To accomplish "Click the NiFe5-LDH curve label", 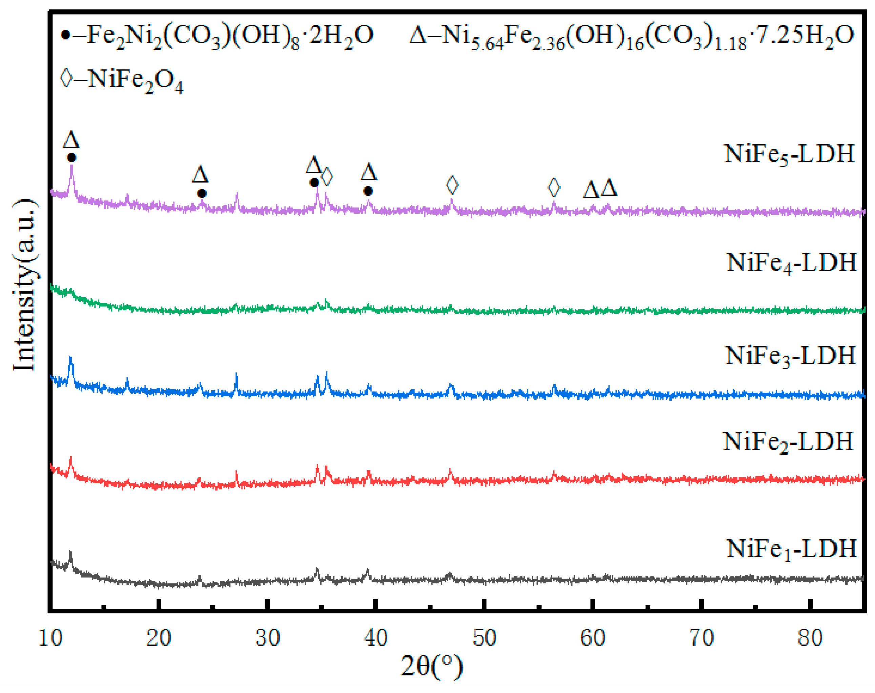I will (x=789, y=155).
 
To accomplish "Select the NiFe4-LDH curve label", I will (x=791, y=263).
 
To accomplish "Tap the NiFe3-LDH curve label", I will (x=790, y=356).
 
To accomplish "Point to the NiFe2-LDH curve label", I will (x=788, y=441).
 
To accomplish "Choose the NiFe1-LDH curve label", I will (x=791, y=549).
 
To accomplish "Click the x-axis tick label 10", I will (x=50, y=638).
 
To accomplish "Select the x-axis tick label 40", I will (x=375, y=638).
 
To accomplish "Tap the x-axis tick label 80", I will (x=810, y=638).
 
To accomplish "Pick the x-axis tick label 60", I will (x=592, y=638).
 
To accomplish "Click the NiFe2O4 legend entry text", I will (x=135, y=80).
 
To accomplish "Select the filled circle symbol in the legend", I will (x=66, y=35).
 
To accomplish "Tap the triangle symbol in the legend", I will (x=418, y=35).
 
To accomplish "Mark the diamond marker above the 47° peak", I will (x=452, y=185).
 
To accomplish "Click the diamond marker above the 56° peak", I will (x=554, y=187).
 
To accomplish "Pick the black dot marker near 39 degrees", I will (x=368, y=191).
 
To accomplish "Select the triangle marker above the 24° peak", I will (x=200, y=175).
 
